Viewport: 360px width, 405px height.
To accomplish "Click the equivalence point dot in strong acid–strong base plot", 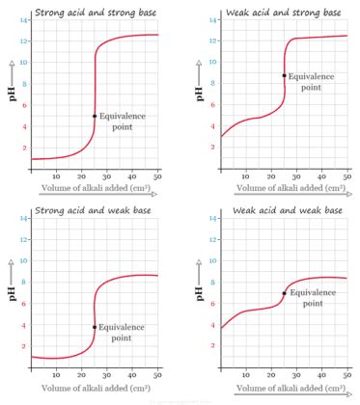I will (x=95, y=116).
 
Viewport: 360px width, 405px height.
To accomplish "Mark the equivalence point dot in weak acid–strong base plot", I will (x=284, y=75).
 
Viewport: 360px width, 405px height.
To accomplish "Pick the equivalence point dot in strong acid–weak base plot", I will (x=95, y=327).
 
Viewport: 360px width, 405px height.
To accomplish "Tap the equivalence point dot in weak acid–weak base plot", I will (x=284, y=293).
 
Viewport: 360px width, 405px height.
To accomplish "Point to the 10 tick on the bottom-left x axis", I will (x=56, y=378).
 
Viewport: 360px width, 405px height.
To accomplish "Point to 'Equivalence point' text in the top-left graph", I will (x=123, y=121).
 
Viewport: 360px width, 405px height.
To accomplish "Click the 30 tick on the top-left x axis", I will (x=107, y=176).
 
